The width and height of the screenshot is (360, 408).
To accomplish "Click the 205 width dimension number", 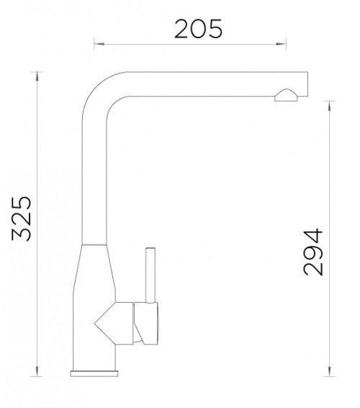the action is (198, 29).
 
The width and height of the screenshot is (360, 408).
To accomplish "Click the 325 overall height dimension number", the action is (22, 218).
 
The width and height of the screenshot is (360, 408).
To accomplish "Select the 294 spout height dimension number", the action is (313, 252).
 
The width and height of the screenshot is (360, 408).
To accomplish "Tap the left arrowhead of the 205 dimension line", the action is (99, 44).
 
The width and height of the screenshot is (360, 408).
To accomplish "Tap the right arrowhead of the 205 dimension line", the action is (281, 44).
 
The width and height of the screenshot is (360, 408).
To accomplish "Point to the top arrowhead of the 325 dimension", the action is (37, 76).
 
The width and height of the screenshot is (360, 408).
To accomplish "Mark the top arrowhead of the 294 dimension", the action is (329, 106).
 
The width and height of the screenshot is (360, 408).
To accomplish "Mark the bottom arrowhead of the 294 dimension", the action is (329, 371).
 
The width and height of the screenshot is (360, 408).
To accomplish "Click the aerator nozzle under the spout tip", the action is (286, 95).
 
